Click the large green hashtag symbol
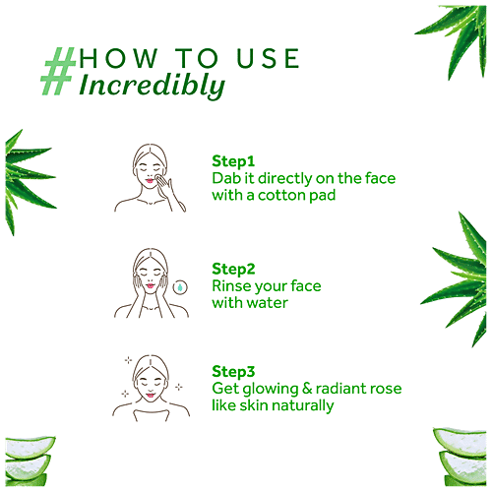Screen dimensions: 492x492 [x=58, y=71]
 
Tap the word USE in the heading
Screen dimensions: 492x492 [x=268, y=58]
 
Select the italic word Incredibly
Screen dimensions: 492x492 [x=153, y=86]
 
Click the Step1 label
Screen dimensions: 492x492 [x=233, y=161]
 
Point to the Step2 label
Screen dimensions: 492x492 [x=233, y=269]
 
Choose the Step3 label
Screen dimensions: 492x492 [x=233, y=372]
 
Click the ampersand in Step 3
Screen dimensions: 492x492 [x=307, y=389]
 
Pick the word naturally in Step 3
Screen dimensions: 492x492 [x=303, y=405]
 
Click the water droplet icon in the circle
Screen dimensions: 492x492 [x=180, y=287]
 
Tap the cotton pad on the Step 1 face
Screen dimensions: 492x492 [x=160, y=179]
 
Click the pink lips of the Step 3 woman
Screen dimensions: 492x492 [x=151, y=395]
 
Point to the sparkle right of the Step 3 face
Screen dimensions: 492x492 [x=179, y=387]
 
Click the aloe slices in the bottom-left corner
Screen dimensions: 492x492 [x=30, y=461]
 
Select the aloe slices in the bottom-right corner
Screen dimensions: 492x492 [x=460, y=457]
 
